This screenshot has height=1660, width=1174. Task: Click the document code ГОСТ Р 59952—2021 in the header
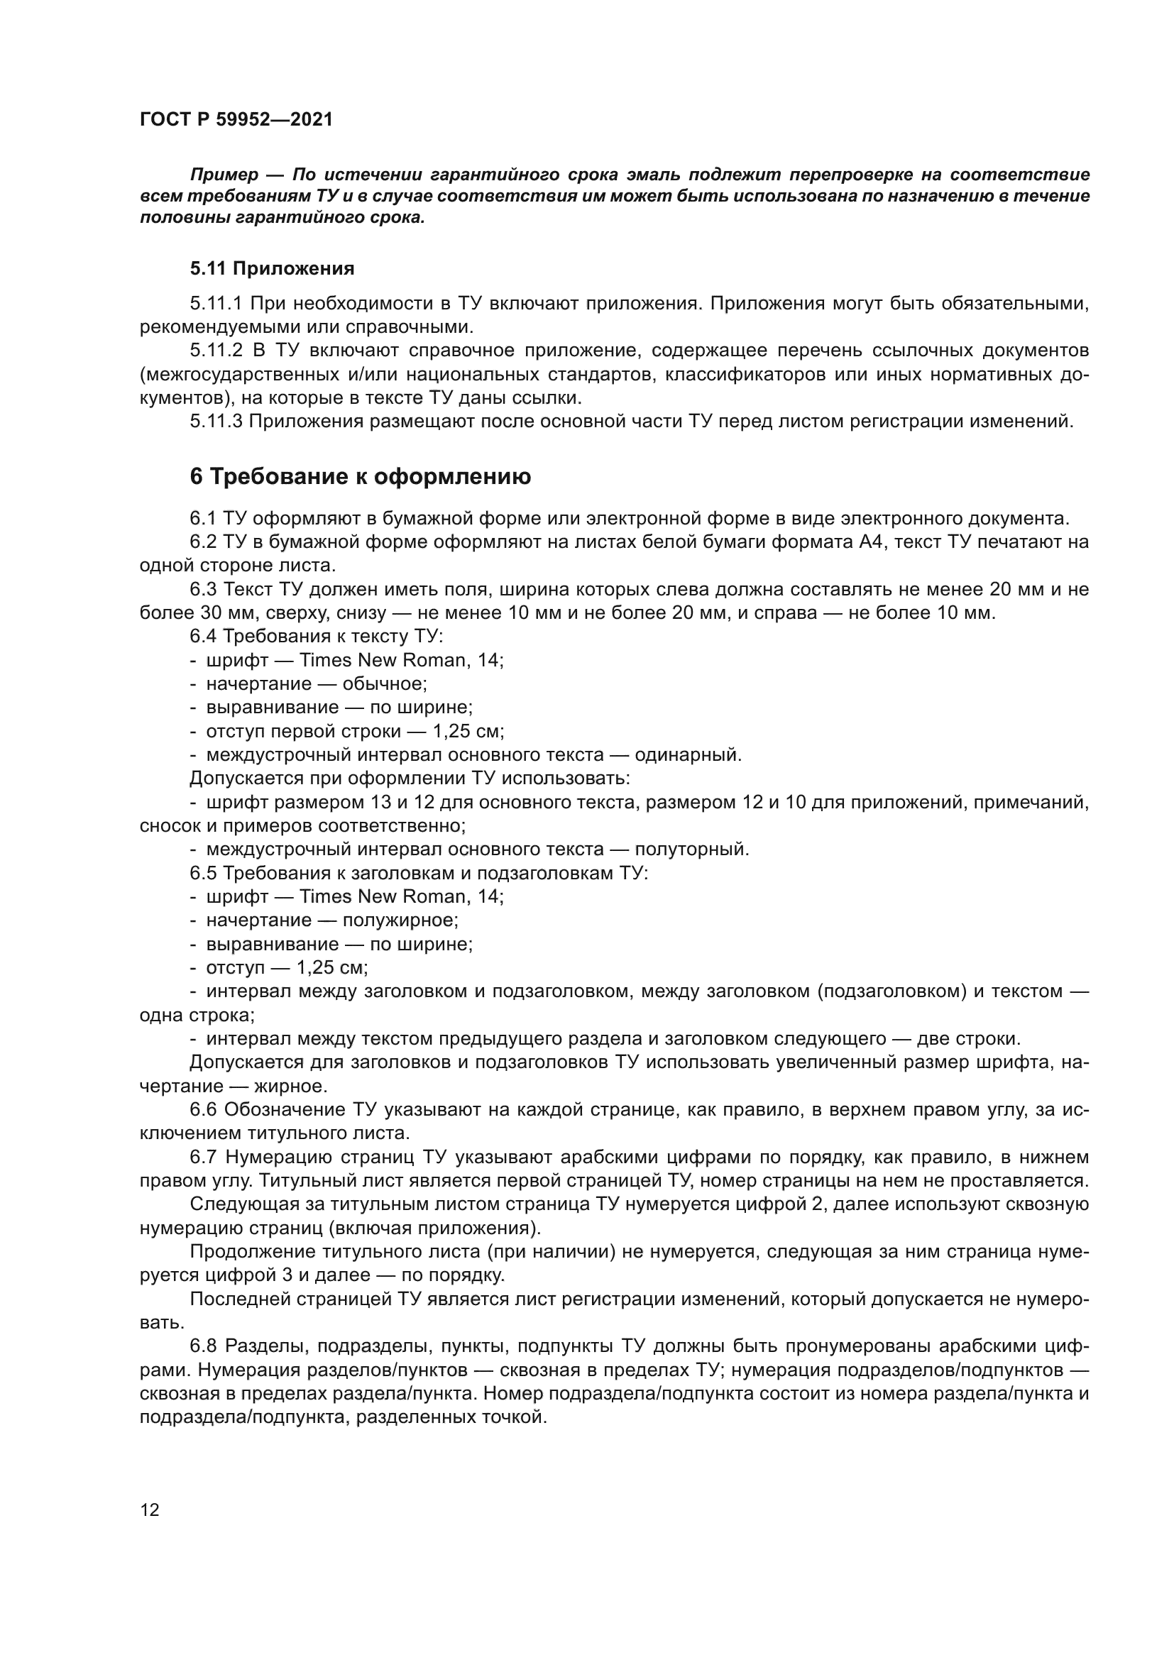click(x=236, y=119)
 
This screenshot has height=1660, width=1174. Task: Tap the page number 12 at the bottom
click(x=150, y=1510)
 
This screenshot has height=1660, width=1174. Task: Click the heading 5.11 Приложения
click(x=272, y=269)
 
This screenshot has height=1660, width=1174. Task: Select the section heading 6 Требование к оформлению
click(x=360, y=477)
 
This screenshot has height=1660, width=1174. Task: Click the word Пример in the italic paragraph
click(x=224, y=175)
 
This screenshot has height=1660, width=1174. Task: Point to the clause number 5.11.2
click(x=216, y=351)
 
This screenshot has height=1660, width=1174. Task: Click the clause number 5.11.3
click(x=216, y=422)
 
